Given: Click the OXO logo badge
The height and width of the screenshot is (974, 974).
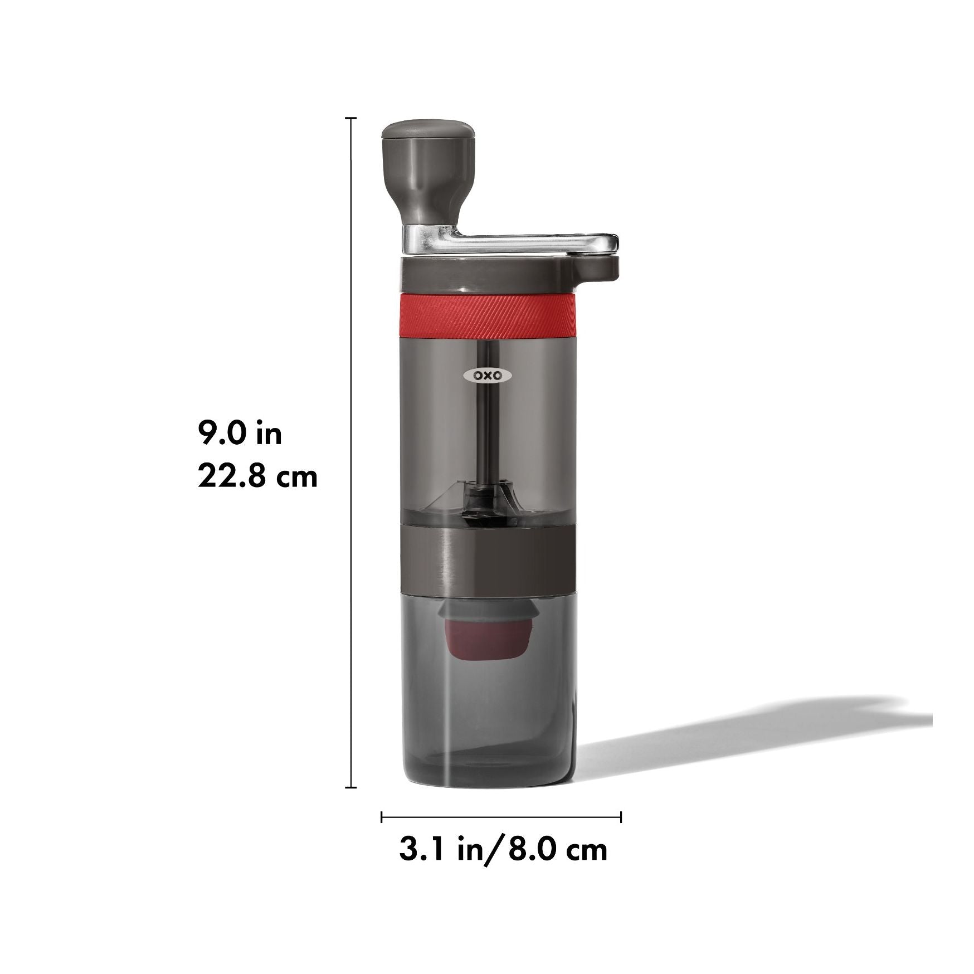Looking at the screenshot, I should pos(487,376).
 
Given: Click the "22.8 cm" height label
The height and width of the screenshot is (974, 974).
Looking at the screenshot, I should pos(257,477).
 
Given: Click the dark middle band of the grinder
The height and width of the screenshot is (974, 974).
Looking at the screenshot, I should pos(486,557).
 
